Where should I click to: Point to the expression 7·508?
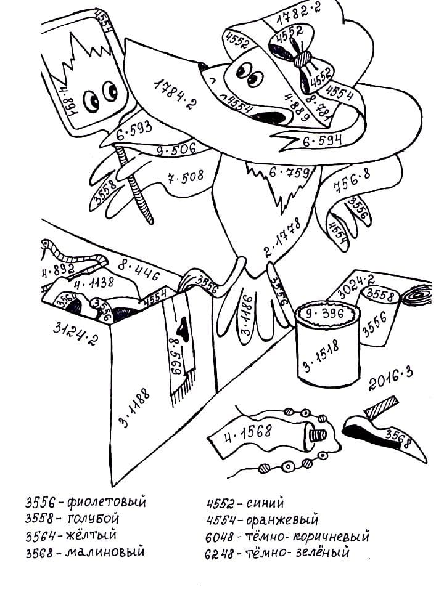pos(185,178)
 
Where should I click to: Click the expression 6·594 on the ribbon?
pos(322,140)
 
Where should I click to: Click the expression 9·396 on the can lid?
pos(326,314)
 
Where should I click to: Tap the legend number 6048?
pos(219,537)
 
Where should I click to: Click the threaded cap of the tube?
pos(317,436)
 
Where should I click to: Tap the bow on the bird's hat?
pos(300,59)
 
